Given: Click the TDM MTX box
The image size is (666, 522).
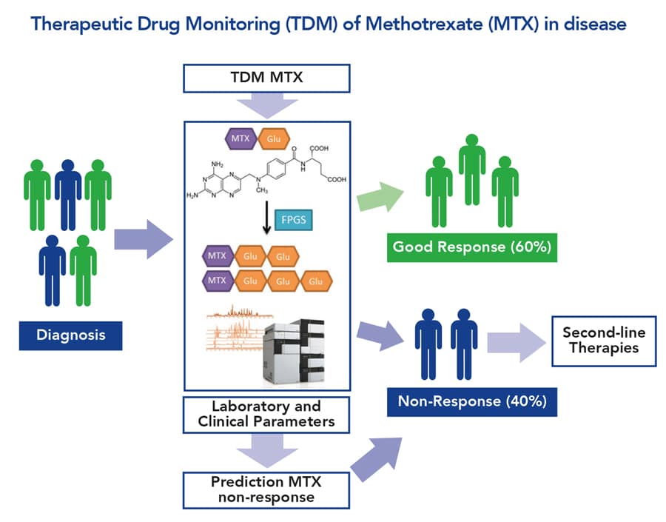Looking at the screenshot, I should click(266, 78).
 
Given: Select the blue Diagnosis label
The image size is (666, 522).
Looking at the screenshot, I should click(71, 335).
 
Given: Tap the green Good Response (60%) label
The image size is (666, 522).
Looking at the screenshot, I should click(472, 247).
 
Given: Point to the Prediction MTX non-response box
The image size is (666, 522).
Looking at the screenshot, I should click(266, 489).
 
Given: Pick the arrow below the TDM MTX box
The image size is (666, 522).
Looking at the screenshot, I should click(266, 107).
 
